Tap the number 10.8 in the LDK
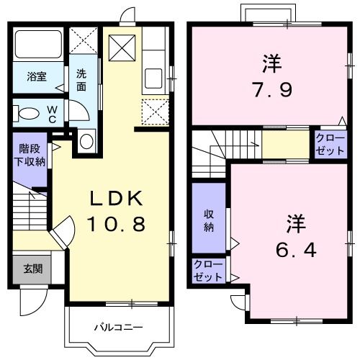(x=117, y=224)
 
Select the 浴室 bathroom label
(x=37, y=77)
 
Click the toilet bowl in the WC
(x=27, y=114)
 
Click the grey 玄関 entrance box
(x=31, y=269)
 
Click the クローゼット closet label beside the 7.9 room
(x=329, y=144)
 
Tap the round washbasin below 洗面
(x=86, y=140)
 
